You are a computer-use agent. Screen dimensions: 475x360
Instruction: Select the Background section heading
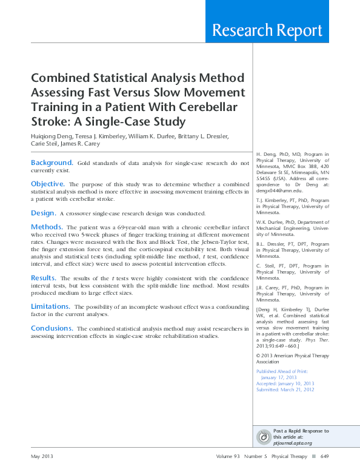[52, 163]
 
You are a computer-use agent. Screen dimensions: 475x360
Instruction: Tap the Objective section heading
[48, 184]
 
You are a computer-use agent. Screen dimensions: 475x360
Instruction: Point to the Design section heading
[43, 213]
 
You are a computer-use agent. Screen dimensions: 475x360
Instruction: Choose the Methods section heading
[46, 227]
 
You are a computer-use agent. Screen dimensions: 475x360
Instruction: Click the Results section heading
[44, 277]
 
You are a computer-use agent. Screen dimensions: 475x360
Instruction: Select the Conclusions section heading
[55, 328]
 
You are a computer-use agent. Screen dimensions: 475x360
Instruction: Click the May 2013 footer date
[42, 456]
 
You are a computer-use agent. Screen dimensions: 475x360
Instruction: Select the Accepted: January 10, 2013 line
[285, 383]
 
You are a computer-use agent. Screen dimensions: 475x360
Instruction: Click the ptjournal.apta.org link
[293, 443]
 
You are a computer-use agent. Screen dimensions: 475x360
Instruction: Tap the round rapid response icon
[264, 437]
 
